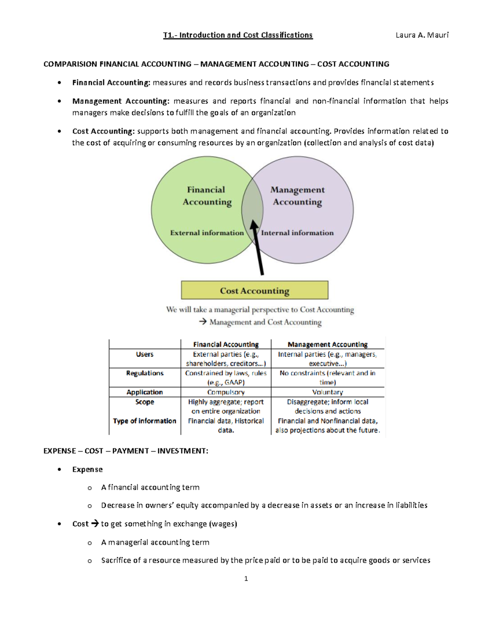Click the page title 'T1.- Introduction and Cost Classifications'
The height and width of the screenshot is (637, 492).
pyautogui.click(x=238, y=35)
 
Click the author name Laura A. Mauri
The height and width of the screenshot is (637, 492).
pyautogui.click(x=422, y=35)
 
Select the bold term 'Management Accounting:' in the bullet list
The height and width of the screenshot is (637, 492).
pyautogui.click(x=121, y=101)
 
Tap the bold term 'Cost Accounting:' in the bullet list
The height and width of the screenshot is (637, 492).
pyautogui.click(x=103, y=131)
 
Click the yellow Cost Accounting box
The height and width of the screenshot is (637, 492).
pyautogui.click(x=255, y=290)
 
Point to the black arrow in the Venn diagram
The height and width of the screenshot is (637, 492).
pyautogui.click(x=258, y=248)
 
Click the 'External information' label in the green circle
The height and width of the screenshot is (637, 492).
pyautogui.click(x=207, y=233)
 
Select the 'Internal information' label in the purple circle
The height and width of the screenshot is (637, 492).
pyautogui.click(x=297, y=233)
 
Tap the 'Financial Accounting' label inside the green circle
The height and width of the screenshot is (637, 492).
pyautogui.click(x=207, y=196)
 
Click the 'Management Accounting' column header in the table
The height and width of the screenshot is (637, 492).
pyautogui.click(x=327, y=345)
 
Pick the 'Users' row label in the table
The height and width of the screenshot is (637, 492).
pyautogui.click(x=145, y=354)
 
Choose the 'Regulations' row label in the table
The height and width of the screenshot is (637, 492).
pyautogui.click(x=145, y=373)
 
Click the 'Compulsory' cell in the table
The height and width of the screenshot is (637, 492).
pyautogui.click(x=226, y=392)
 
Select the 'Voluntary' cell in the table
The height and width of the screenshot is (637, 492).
pyautogui.click(x=327, y=392)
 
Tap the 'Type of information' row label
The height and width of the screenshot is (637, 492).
pyautogui.click(x=145, y=421)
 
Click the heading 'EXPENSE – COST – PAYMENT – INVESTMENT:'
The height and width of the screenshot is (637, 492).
pyautogui.click(x=126, y=451)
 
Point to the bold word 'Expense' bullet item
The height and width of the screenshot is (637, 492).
pyautogui.click(x=87, y=470)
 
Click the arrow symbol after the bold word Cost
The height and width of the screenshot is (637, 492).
pyautogui.click(x=95, y=524)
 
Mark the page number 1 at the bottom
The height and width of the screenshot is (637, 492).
pyautogui.click(x=246, y=579)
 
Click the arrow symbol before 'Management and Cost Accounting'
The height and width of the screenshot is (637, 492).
pyautogui.click(x=203, y=322)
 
